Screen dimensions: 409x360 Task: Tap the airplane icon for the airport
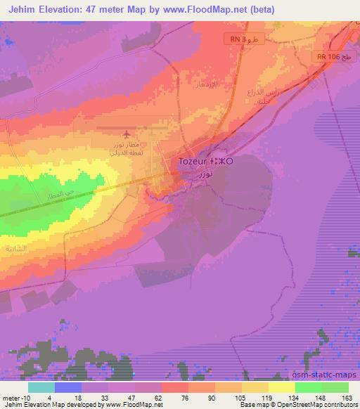pos(126,134)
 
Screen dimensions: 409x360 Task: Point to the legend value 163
pos(347,397)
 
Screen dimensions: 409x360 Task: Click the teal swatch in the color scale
pos(41,387)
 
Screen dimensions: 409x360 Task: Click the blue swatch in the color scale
pos(68,387)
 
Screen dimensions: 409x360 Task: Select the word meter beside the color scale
pos(11,397)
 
